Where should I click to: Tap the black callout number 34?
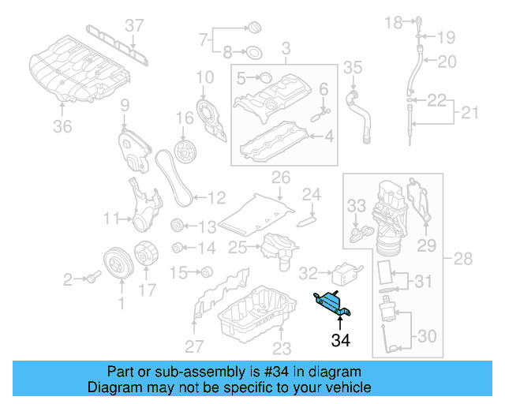click(x=340, y=341)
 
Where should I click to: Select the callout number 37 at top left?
click(x=136, y=25)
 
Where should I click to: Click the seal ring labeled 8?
click(x=254, y=54)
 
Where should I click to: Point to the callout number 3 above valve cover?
click(x=286, y=49)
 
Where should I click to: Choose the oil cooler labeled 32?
click(x=342, y=273)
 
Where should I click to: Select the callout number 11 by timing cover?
click(x=112, y=217)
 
